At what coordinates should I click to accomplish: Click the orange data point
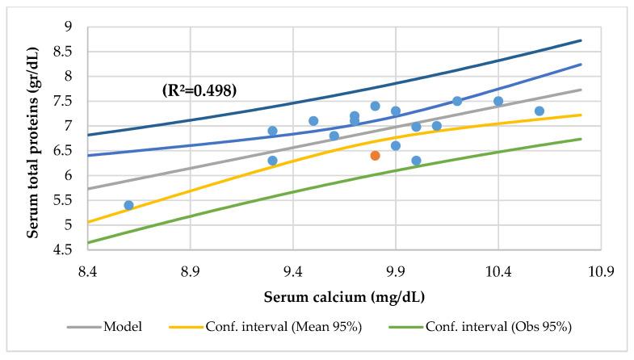(375, 155)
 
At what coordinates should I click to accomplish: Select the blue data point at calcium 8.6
(128, 205)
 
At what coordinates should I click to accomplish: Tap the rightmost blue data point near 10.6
(539, 111)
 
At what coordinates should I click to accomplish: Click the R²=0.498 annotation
(199, 90)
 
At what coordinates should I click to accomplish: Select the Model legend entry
(122, 327)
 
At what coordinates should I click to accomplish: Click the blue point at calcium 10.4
(498, 101)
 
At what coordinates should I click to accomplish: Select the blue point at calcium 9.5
(313, 121)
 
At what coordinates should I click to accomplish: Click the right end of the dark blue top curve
(581, 40)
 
